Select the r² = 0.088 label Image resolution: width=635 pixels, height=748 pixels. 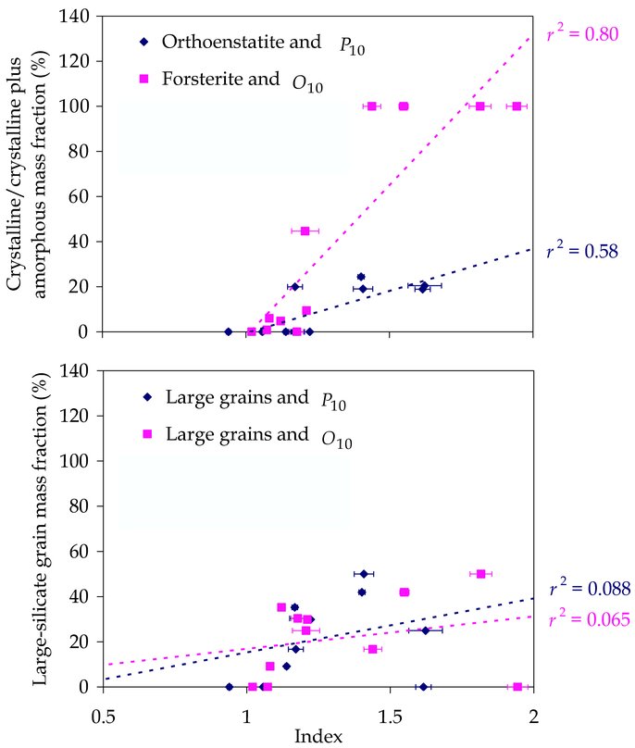tap(590, 588)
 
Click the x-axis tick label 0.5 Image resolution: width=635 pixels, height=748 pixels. tap(103, 715)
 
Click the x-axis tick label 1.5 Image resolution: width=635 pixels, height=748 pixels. tap(390, 715)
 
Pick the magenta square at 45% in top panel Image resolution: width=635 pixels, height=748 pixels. tap(305, 231)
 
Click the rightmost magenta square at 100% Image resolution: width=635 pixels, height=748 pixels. tap(517, 106)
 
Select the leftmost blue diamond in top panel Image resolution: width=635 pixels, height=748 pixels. tap(228, 331)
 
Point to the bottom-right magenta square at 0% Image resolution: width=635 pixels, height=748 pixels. tap(517, 687)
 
